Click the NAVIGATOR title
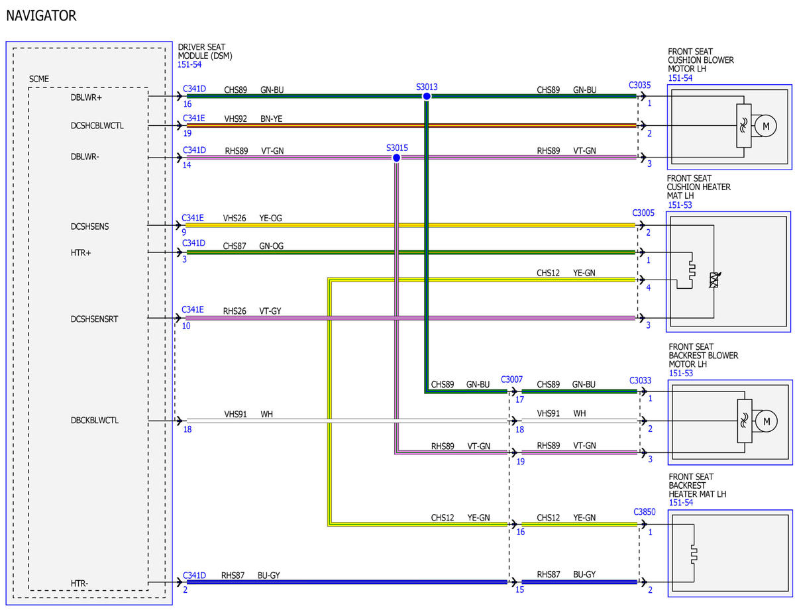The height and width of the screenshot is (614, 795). [41, 16]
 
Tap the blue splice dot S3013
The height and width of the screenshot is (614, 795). [427, 96]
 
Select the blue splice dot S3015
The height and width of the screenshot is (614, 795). [396, 158]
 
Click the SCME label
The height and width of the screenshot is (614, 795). [39, 79]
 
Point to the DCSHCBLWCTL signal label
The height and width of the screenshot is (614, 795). [97, 126]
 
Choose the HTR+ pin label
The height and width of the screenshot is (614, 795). [80, 253]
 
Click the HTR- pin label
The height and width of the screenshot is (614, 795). [79, 584]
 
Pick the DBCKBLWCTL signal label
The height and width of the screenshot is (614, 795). [94, 420]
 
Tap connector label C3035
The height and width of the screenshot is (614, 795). [639, 85]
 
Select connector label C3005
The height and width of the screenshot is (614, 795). [643, 213]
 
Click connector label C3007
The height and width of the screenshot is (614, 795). [511, 380]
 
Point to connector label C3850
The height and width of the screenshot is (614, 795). [644, 511]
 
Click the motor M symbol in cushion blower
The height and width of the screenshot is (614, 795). [766, 126]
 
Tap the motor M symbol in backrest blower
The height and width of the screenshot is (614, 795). [767, 421]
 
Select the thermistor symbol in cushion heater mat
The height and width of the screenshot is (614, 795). [714, 280]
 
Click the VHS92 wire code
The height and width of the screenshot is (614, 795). [235, 119]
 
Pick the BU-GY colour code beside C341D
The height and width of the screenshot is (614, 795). [268, 575]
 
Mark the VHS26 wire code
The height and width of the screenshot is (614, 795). [235, 219]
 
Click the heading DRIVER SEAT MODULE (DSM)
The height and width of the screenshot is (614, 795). [205, 52]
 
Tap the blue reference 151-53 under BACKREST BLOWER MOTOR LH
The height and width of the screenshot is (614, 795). [680, 373]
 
